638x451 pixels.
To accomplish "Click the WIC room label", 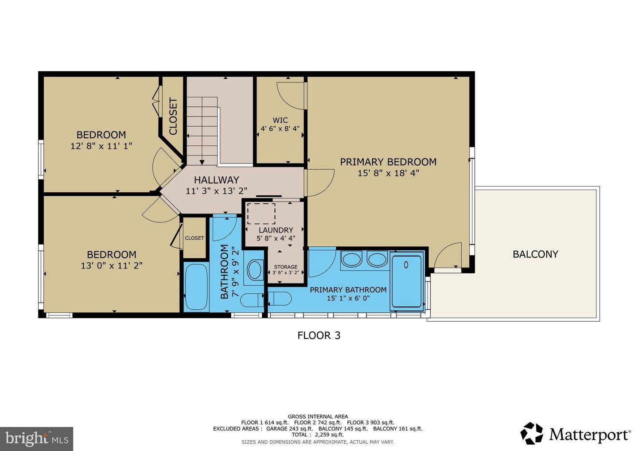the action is tap(280, 120).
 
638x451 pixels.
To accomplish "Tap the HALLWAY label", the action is tap(217, 180).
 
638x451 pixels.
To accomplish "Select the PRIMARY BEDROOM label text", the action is tap(388, 162).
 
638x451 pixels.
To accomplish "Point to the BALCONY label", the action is tap(536, 254).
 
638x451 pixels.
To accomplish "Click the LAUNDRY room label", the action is tap(276, 230).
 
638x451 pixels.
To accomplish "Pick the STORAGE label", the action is tap(286, 267).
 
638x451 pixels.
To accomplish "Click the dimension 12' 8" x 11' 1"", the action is tap(101, 146).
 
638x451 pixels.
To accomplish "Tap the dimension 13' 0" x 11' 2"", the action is tap(112, 266).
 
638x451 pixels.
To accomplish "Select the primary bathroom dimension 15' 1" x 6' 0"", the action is tap(348, 298).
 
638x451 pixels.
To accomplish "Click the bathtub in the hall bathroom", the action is tap(196, 287).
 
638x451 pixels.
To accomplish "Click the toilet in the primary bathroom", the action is tap(280, 299).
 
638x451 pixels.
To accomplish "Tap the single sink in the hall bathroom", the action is tap(255, 270).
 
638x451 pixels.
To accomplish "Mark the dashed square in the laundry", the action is tap(261, 214).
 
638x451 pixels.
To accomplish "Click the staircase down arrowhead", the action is tap(202, 162).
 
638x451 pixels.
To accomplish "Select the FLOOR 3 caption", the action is tap(319, 335).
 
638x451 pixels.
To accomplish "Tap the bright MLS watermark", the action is tap(36, 439).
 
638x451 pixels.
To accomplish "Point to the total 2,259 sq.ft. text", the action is tap(318, 435).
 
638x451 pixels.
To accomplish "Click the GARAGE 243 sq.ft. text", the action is tap(289, 428).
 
